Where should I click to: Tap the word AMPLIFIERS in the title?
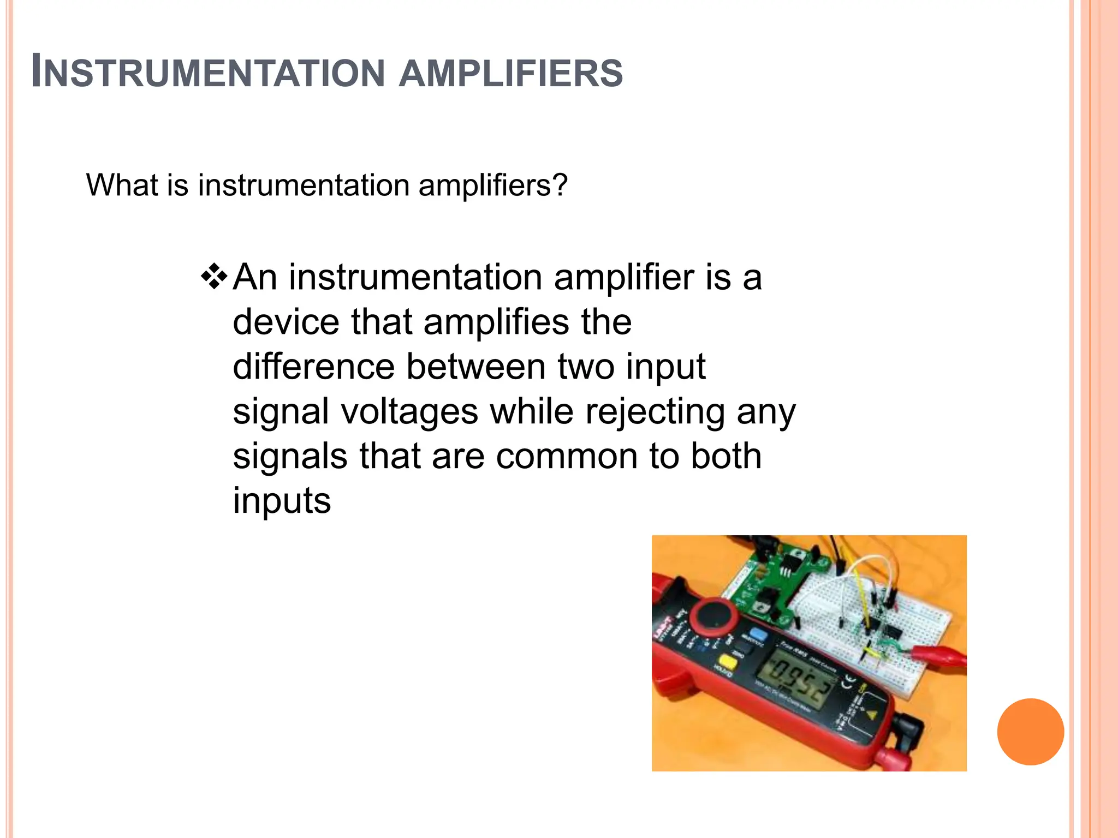click(x=511, y=73)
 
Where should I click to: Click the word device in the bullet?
click(x=286, y=321)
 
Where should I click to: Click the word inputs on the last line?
click(x=282, y=500)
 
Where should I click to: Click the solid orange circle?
click(x=1030, y=732)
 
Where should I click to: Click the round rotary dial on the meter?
click(x=712, y=618)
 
